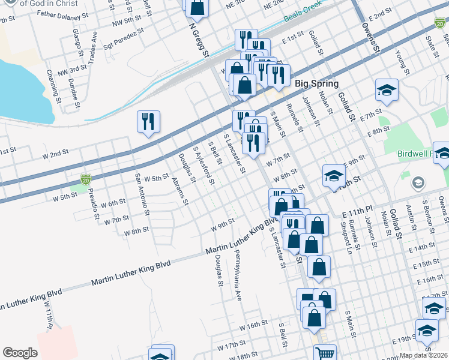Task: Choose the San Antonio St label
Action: click(x=142, y=194)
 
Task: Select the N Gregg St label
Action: click(x=200, y=40)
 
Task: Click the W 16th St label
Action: click(x=253, y=325)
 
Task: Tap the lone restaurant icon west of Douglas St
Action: click(x=148, y=122)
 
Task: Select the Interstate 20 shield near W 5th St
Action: click(x=85, y=179)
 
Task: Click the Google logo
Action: click(x=20, y=353)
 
